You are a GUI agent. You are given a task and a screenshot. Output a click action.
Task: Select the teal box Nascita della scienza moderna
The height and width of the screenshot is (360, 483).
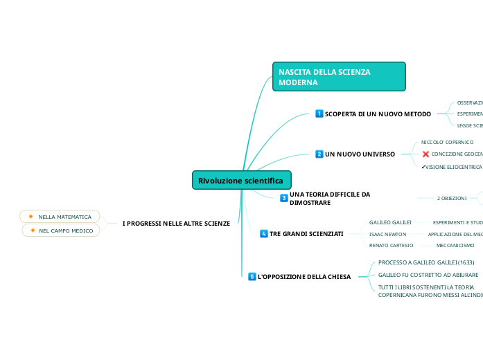tap(339, 77)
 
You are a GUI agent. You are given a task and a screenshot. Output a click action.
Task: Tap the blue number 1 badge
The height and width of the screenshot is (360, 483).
tap(319, 114)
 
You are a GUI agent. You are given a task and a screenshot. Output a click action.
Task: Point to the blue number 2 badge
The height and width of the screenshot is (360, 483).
tap(319, 154)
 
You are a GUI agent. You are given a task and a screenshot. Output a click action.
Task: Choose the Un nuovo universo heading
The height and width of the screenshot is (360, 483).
tap(360, 154)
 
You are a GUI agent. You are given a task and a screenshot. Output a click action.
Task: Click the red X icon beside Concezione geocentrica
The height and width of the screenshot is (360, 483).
tap(425, 154)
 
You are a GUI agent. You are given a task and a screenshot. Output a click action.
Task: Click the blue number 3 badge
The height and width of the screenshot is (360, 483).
tap(284, 198)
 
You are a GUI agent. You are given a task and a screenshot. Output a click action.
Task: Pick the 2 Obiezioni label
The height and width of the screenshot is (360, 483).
tap(451, 198)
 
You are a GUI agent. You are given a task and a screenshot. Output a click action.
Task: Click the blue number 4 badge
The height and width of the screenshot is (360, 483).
tap(264, 234)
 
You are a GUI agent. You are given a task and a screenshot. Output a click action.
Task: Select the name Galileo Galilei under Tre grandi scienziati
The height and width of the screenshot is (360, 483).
tap(390, 222)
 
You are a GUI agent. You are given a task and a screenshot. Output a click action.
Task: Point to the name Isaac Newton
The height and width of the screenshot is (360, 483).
tap(387, 234)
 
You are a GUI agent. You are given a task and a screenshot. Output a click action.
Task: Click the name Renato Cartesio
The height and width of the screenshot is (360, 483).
tap(391, 245)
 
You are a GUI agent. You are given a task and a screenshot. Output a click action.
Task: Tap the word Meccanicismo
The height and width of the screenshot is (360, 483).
tap(455, 245)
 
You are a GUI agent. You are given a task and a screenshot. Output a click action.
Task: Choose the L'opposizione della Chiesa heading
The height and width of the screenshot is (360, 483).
tap(304, 277)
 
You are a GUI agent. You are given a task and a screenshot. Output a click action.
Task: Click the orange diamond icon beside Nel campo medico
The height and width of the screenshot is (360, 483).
tap(33, 230)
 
